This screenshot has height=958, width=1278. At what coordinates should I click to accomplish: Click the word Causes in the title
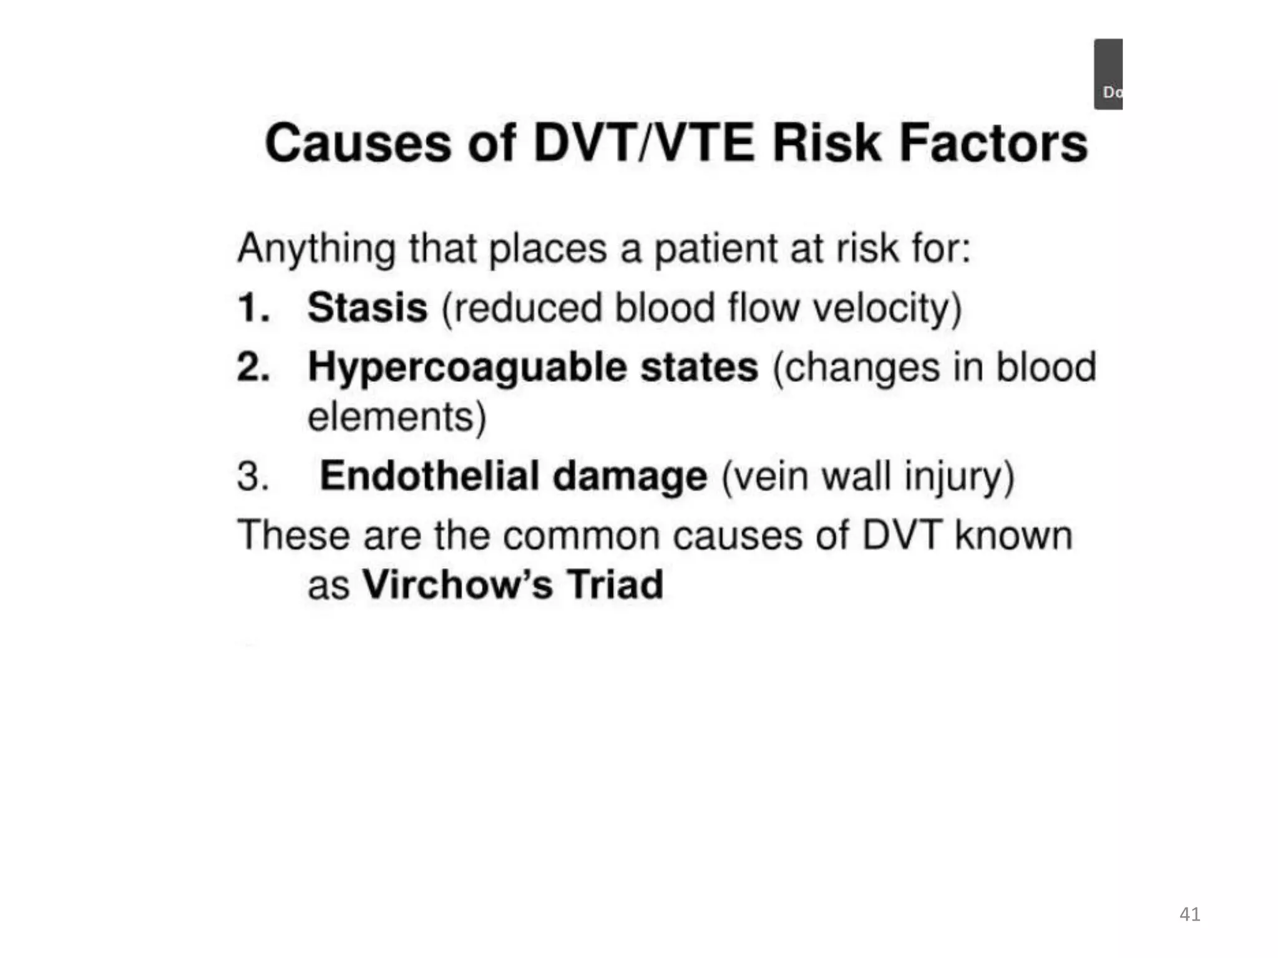pos(357,143)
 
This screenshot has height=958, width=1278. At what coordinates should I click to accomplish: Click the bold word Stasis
pos(367,307)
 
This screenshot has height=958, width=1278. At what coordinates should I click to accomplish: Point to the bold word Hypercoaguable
pos(467,367)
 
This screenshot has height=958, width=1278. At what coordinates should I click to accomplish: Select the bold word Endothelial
pos(429,476)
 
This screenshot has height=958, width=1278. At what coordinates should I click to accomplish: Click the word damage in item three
pos(630,477)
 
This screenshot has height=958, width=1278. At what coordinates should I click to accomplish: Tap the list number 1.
pos(253,308)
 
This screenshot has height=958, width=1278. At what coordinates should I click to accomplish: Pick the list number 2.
pos(253,367)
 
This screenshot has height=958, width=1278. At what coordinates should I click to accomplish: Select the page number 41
pos(1189,914)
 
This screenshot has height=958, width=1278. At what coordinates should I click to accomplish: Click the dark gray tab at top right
pos(1108,74)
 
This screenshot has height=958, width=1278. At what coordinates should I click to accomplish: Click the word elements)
pos(397,417)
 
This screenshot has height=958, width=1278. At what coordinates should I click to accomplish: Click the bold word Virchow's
pos(457,584)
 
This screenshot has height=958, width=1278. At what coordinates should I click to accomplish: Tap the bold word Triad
pos(615,584)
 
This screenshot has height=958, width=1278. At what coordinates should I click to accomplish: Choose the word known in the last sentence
pos(1013,536)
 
